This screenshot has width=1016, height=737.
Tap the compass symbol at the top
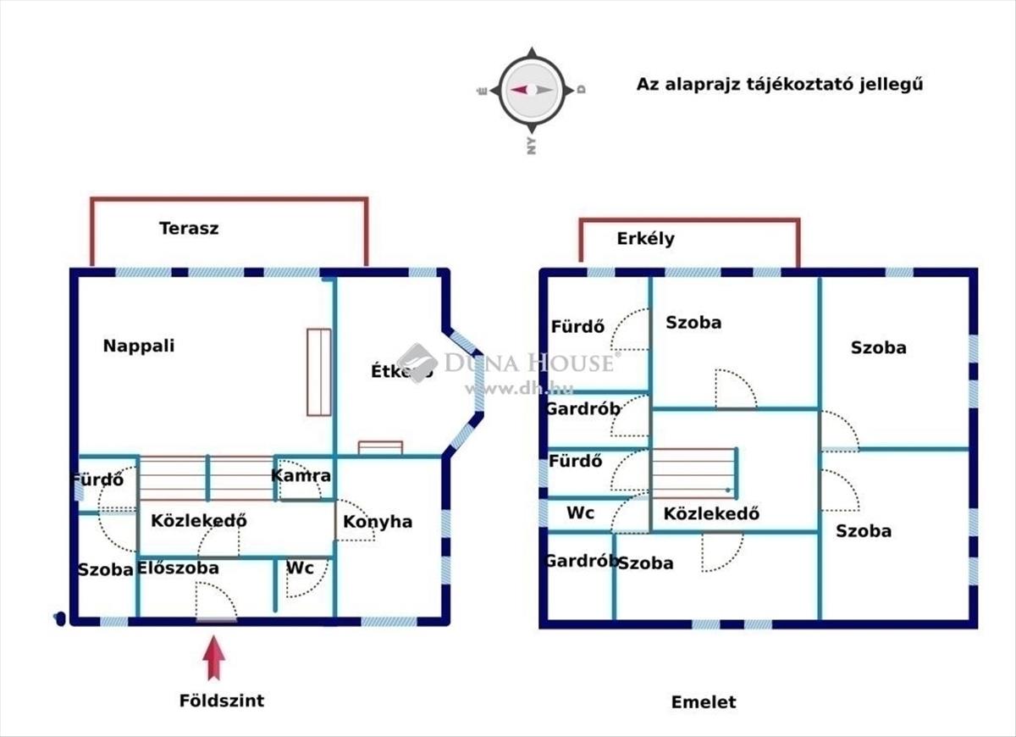[531, 90]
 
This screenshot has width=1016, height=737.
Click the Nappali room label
[139, 346]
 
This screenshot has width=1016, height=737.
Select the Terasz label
[189, 228]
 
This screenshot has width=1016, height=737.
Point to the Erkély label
[645, 239]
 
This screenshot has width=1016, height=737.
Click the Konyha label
[378, 522]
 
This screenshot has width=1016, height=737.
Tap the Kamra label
[301, 476]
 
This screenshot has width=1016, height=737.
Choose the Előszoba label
[178, 568]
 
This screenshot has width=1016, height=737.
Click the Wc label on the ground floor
[301, 568]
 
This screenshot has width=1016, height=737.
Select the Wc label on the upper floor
[580, 513]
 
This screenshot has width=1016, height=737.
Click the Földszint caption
[222, 701]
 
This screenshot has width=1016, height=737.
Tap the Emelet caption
[704, 702]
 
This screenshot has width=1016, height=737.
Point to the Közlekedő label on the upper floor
[711, 513]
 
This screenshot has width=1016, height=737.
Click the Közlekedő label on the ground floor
[198, 521]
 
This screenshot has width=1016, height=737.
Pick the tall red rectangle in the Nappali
[319, 372]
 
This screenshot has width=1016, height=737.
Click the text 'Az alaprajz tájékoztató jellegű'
[779, 85]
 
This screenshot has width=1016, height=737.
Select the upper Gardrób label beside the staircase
[583, 409]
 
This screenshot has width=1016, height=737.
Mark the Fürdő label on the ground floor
[97, 479]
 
